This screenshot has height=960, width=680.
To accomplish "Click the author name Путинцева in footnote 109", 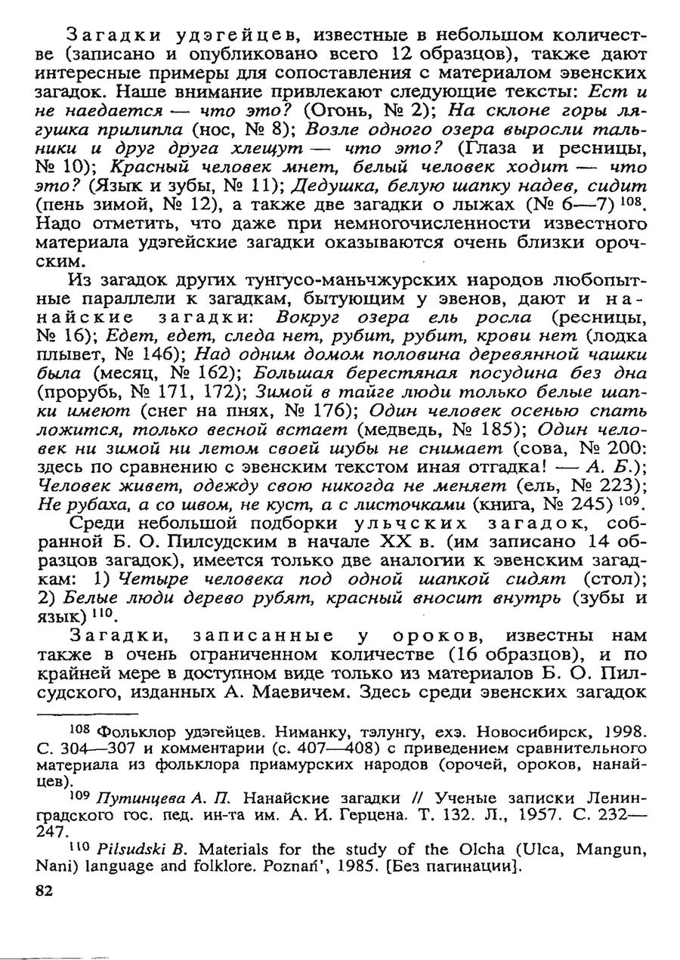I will (126, 798).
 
